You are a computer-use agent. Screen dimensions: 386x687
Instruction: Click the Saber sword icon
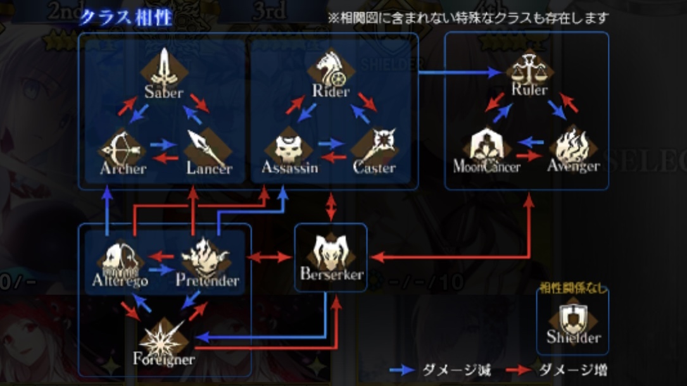164,68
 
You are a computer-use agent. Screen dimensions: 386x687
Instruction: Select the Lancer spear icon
207,146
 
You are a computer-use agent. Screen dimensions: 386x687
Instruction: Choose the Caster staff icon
374,146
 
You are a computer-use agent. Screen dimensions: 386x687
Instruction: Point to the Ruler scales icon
530,67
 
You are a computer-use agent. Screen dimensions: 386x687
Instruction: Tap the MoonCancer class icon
486,145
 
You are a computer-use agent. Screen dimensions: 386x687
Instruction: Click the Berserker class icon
331,252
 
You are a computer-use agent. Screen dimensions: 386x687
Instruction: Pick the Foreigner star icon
163,339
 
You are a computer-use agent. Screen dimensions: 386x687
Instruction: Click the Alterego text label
120,280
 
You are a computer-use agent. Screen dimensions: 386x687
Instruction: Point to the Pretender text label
207,280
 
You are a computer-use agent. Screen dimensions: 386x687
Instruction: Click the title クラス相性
125,16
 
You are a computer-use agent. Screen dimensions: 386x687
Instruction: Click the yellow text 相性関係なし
572,289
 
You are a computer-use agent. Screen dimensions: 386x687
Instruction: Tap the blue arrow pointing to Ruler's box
462,73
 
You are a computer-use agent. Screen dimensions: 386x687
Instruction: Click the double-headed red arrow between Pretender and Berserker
269,257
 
